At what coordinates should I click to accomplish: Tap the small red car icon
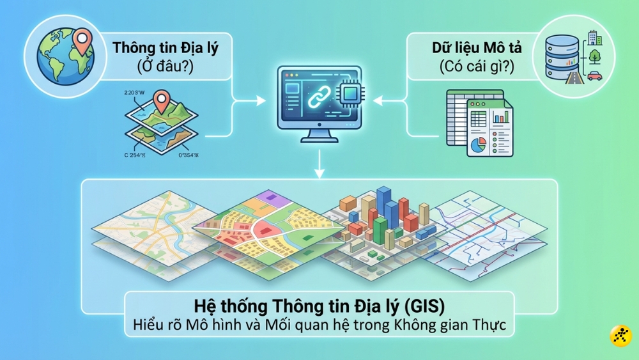(594, 75)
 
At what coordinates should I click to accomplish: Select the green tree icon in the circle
(595, 56)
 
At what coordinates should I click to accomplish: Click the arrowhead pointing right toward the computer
(261, 100)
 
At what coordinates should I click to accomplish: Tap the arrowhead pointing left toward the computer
(378, 100)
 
